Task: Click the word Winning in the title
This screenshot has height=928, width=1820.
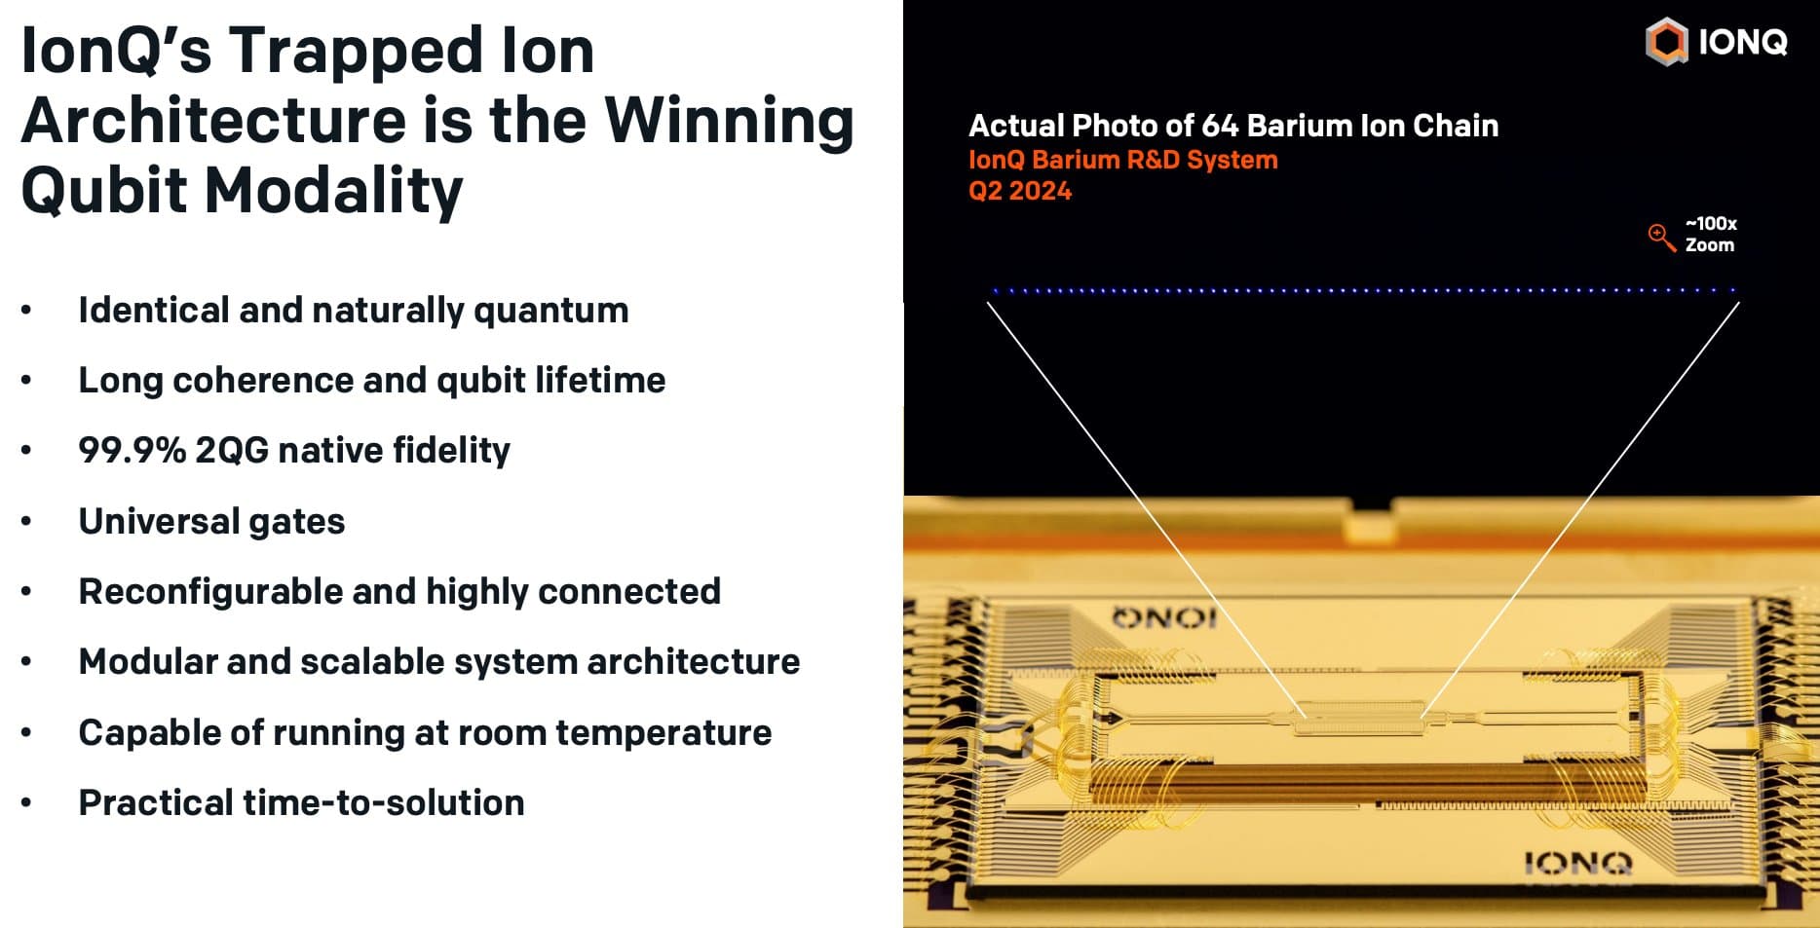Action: [x=729, y=121]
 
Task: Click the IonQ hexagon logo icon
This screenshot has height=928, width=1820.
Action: [x=1666, y=42]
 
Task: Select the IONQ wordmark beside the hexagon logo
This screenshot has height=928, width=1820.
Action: [x=1742, y=42]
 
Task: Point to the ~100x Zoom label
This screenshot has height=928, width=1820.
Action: [x=1711, y=234]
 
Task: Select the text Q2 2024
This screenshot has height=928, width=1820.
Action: [x=1019, y=191]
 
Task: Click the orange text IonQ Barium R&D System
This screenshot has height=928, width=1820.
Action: [x=1122, y=160]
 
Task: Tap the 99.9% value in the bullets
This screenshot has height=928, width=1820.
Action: [x=132, y=450]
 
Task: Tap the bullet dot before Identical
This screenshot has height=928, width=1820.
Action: [x=26, y=311]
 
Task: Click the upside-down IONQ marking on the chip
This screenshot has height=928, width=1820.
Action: [x=1164, y=616]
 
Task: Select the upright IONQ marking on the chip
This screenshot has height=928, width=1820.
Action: [x=1577, y=863]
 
